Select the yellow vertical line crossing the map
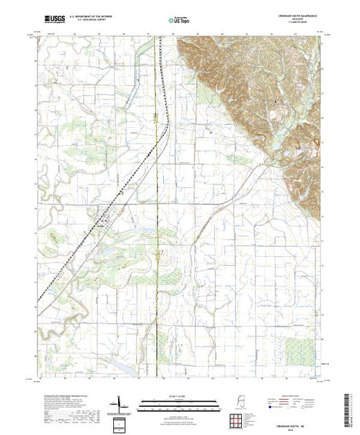point(158,207)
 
